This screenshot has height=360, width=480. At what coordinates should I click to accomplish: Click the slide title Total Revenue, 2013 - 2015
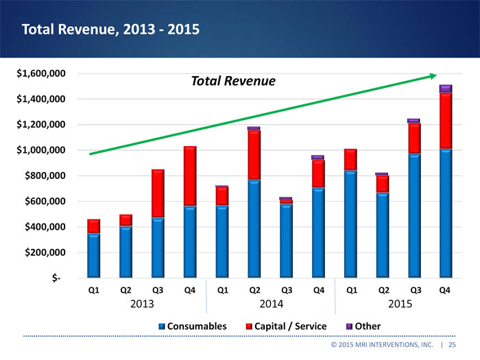[110, 29]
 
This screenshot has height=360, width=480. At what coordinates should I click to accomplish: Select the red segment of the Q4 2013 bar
[190, 176]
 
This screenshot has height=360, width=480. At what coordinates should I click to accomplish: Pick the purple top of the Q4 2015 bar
[446, 88]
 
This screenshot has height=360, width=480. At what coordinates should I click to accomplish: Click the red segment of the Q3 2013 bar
[158, 193]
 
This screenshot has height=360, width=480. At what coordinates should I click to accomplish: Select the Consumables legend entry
[193, 326]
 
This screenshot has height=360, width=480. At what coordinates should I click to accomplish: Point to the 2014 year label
[270, 304]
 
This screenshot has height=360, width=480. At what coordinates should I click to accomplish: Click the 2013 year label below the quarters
[142, 304]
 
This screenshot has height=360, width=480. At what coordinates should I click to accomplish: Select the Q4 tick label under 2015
[445, 290]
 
